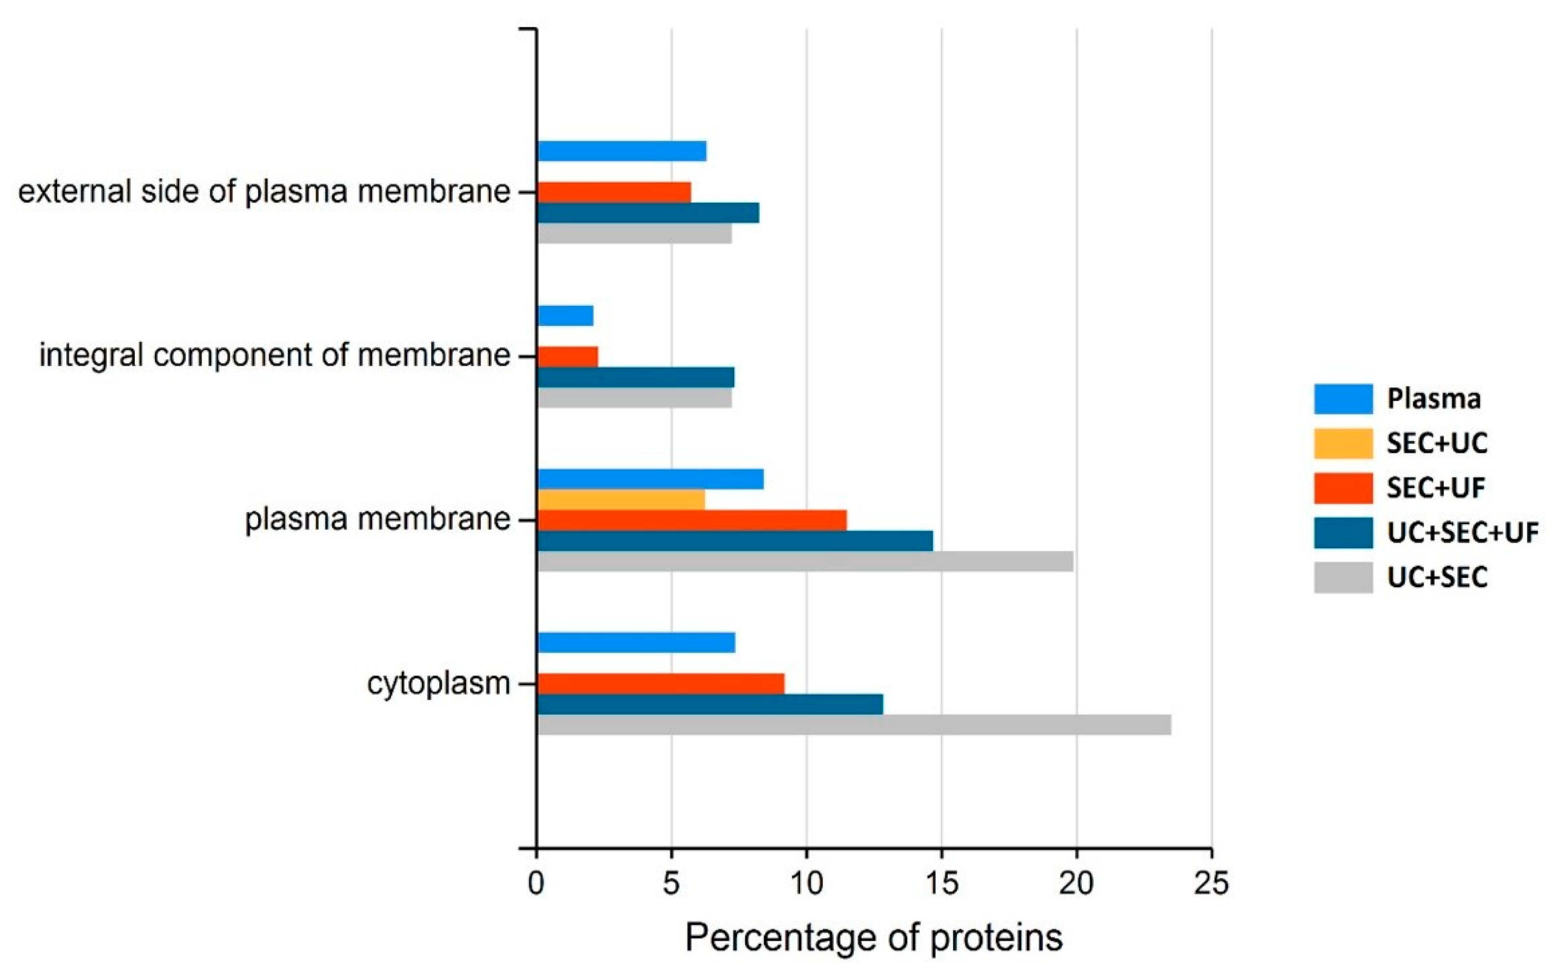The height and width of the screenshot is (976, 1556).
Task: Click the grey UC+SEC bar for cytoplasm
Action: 853,724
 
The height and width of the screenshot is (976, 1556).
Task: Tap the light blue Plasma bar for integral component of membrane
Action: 565,316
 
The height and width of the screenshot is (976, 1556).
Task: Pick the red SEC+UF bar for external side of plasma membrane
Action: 614,192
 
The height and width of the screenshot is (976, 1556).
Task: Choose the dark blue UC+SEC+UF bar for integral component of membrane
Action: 635,377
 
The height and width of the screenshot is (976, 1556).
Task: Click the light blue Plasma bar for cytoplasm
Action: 635,643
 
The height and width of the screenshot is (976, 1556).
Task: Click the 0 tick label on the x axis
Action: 536,883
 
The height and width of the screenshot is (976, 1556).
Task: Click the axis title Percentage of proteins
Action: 873,937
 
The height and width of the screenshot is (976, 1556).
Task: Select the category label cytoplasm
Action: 439,683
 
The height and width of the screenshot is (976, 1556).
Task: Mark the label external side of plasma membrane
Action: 264,192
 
